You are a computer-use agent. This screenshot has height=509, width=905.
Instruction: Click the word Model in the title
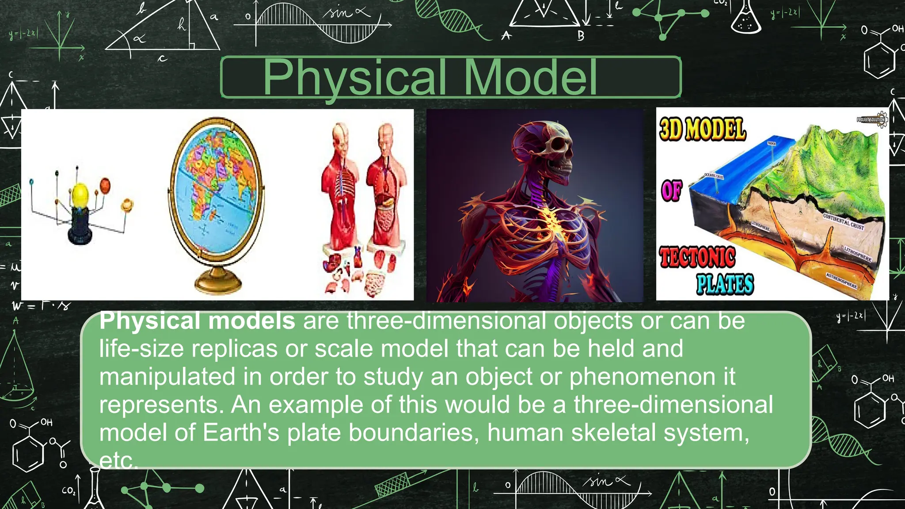click(530, 77)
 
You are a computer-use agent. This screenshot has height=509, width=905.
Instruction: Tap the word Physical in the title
click(354, 78)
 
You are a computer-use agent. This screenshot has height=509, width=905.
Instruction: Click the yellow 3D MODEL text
click(703, 129)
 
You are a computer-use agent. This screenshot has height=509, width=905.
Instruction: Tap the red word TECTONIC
click(697, 257)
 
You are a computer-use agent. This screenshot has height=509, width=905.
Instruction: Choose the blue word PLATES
click(725, 284)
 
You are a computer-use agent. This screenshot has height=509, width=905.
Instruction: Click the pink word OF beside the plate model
click(672, 191)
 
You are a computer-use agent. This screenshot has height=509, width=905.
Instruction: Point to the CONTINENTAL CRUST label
click(843, 221)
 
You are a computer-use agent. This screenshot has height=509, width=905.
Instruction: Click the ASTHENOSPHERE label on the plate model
click(841, 281)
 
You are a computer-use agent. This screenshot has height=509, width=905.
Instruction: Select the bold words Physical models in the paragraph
click(197, 321)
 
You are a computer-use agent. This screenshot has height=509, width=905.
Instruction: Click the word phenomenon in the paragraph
click(642, 377)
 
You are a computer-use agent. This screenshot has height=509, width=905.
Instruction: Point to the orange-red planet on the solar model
click(105, 185)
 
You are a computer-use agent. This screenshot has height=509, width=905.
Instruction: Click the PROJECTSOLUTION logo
click(871, 119)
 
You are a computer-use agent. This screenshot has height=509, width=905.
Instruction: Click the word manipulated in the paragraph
click(167, 377)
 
